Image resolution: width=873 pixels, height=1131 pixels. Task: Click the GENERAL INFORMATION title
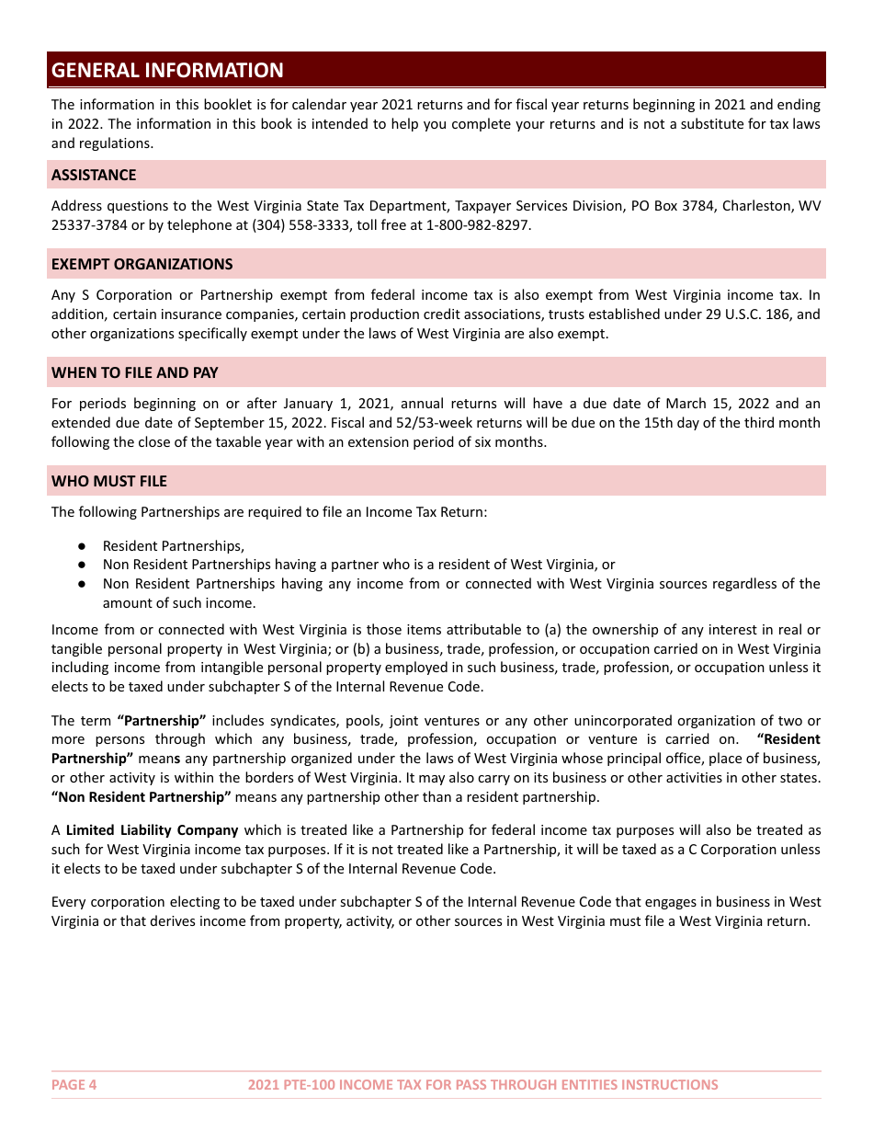click(x=167, y=70)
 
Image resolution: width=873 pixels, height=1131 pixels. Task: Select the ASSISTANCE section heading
click(x=94, y=175)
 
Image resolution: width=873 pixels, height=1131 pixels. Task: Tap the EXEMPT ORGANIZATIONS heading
click(x=142, y=264)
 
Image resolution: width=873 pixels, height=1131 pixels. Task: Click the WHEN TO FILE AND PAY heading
click(x=134, y=372)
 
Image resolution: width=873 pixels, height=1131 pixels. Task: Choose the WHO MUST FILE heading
click(x=109, y=481)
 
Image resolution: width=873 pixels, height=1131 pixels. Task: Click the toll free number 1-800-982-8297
click(x=478, y=225)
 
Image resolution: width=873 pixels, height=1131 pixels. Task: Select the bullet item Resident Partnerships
click(x=173, y=545)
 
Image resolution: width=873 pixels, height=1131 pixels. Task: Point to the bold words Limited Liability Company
click(x=152, y=830)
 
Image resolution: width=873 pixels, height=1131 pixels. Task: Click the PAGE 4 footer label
click(x=74, y=1084)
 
